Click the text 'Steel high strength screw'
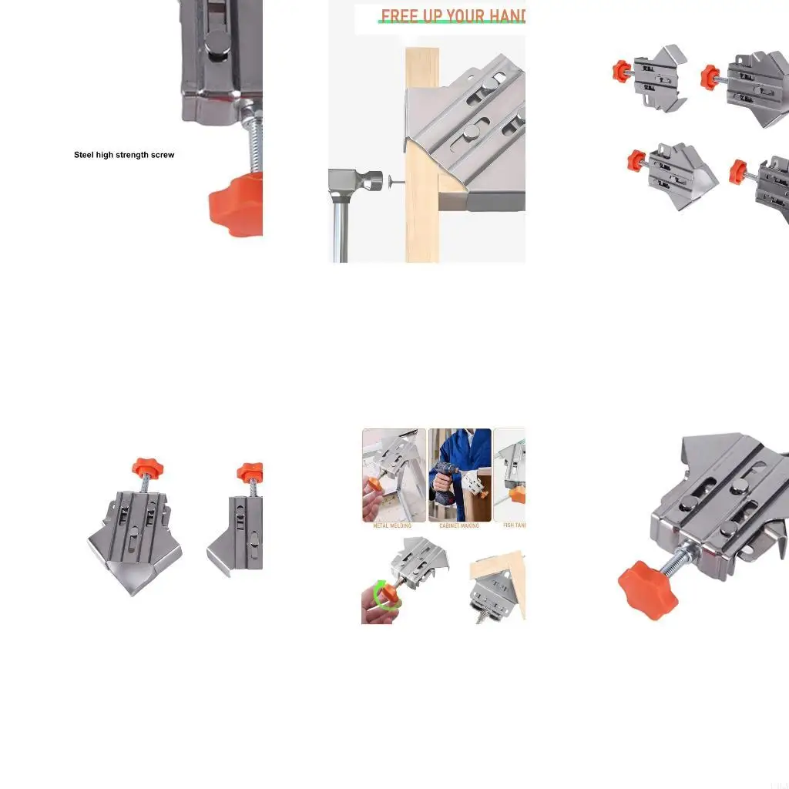[x=124, y=155]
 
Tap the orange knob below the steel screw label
[x=237, y=203]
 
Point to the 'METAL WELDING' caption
[x=392, y=526]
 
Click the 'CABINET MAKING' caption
[x=459, y=526]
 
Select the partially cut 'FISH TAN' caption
[x=514, y=526]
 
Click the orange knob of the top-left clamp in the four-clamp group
[x=621, y=71]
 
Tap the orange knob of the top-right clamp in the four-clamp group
[x=710, y=77]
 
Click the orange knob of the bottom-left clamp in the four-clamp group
[x=636, y=160]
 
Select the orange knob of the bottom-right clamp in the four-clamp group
[x=739, y=171]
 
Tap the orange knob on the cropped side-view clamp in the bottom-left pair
[x=251, y=471]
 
